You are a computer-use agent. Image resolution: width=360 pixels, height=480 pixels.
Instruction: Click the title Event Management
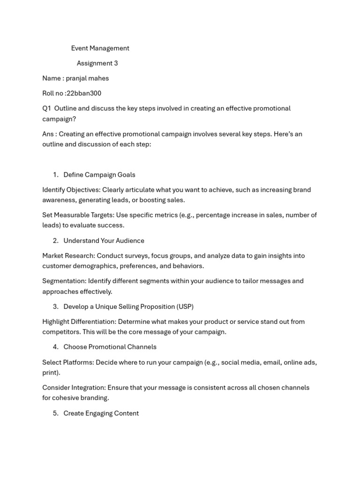pyautogui.click(x=100, y=48)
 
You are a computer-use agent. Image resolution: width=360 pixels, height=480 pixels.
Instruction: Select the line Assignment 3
pyautogui.click(x=97, y=63)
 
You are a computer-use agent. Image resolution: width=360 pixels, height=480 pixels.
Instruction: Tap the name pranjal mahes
pyautogui.click(x=87, y=78)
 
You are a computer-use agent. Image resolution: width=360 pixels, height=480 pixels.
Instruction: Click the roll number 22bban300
pyautogui.click(x=84, y=93)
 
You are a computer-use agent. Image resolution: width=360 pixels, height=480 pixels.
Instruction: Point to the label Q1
pyautogui.click(x=46, y=108)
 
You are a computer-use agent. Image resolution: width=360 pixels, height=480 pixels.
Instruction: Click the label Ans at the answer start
pyautogui.click(x=48, y=134)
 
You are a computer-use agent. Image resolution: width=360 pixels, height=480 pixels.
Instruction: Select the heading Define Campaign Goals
pyautogui.click(x=99, y=175)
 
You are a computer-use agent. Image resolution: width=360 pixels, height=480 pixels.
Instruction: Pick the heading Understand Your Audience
pyautogui.click(x=104, y=241)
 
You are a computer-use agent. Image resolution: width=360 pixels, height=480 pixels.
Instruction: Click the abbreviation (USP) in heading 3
pyautogui.click(x=185, y=307)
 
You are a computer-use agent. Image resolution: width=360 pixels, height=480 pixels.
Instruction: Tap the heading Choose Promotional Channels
pyautogui.click(x=110, y=347)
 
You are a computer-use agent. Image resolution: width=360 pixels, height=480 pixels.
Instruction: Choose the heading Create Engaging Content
pyautogui.click(x=101, y=413)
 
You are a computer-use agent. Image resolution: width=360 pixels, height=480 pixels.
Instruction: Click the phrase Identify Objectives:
pyautogui.click(x=71, y=190)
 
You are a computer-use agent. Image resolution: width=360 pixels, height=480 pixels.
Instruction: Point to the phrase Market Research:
pyautogui.click(x=68, y=256)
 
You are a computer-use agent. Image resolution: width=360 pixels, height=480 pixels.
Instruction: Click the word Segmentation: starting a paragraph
pyautogui.click(x=64, y=281)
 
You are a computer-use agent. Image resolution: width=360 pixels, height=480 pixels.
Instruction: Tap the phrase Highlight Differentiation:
pyautogui.click(x=79, y=322)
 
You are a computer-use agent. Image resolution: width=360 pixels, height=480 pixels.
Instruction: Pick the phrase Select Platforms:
pyautogui.click(x=68, y=362)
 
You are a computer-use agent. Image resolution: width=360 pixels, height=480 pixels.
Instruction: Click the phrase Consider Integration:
pyautogui.click(x=74, y=388)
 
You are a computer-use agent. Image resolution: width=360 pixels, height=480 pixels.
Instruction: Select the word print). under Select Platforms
pyautogui.click(x=51, y=373)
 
